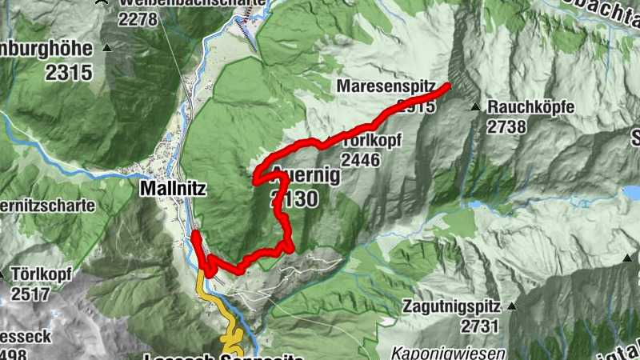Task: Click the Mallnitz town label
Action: pos(173,190)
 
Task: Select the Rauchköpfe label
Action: pos(531,106)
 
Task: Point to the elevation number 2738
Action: pos(506,126)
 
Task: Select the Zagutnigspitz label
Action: pos(451,306)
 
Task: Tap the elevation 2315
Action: pos(69,73)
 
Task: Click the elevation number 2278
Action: pos(138,19)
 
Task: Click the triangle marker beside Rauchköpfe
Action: pos(475,106)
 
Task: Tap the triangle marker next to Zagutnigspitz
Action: pos(513,306)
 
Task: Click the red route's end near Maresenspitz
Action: pos(448,86)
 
